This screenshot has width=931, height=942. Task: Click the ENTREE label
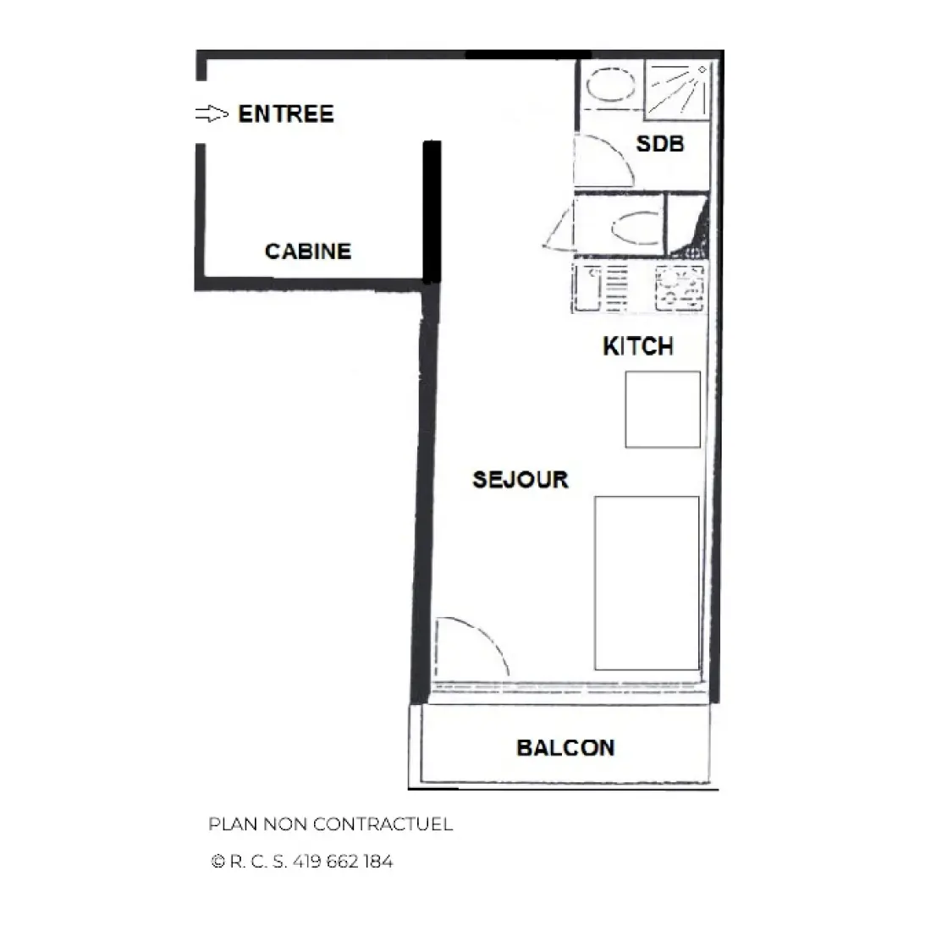pyautogui.click(x=286, y=113)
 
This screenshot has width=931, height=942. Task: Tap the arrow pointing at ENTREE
pyautogui.click(x=212, y=113)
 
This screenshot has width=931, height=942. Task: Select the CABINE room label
pyautogui.click(x=308, y=251)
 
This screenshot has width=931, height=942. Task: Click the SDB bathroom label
pyautogui.click(x=659, y=144)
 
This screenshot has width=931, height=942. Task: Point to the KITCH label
pyautogui.click(x=638, y=347)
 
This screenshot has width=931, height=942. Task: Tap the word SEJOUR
pyautogui.click(x=521, y=479)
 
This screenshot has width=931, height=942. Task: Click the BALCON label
pyautogui.click(x=565, y=748)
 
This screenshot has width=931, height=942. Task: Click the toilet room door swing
pyautogui.click(x=559, y=229)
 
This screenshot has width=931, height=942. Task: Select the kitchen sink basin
pyautogui.click(x=587, y=289)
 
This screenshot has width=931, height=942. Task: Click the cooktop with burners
pyautogui.click(x=680, y=289)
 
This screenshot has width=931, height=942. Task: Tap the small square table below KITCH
pyautogui.click(x=663, y=409)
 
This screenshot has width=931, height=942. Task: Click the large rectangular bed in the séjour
pyautogui.click(x=647, y=583)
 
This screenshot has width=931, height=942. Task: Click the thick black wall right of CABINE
pyautogui.click(x=432, y=212)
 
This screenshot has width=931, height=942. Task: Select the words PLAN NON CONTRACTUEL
pyautogui.click(x=330, y=824)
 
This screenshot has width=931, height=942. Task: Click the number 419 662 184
pyautogui.click(x=343, y=862)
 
